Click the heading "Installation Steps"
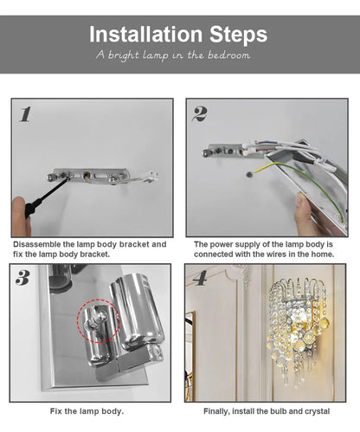(x=179, y=35)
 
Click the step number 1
(x=25, y=113)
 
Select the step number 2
(x=199, y=113)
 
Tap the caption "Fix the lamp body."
(x=87, y=410)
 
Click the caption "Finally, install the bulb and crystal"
(x=265, y=410)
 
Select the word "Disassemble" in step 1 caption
(x=38, y=245)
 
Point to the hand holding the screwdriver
(x=20, y=216)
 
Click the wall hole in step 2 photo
(x=249, y=174)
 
